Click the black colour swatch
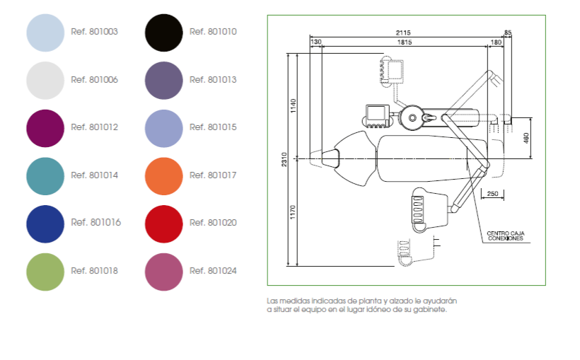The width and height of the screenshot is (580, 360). [x=164, y=33]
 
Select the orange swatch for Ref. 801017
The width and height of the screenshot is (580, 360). [x=164, y=176]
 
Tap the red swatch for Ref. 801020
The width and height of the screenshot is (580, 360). [x=164, y=224]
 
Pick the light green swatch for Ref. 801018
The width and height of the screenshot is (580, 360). [x=45, y=272]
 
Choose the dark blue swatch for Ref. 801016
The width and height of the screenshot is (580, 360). [x=45, y=224]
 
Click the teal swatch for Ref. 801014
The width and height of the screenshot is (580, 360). [x=45, y=176]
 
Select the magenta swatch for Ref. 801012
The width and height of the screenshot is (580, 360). [x=45, y=129]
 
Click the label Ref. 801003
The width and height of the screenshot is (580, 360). [x=94, y=32]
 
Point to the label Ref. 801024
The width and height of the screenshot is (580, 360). [x=213, y=271]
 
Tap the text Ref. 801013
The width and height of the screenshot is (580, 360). [x=213, y=80]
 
